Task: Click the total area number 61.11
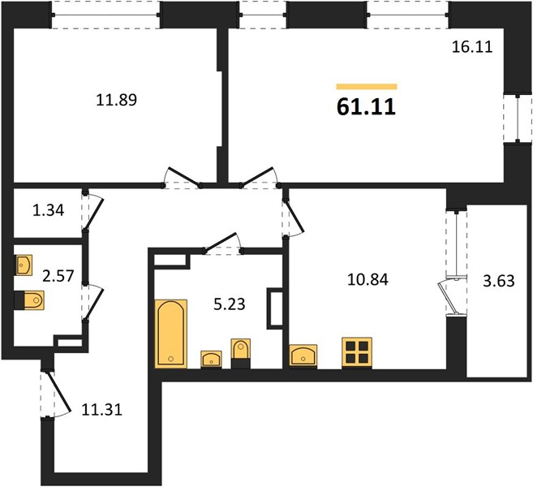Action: coord(366,107)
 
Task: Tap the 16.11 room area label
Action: coord(472,46)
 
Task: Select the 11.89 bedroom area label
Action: coord(116,100)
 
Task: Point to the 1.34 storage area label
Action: coord(48,210)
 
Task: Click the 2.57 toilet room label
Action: coord(58,275)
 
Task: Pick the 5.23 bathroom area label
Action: coord(230,304)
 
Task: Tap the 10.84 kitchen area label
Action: coord(368,279)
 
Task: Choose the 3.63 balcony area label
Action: coord(499,282)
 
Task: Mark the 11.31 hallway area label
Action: coord(102,409)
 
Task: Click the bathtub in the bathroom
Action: coord(171,334)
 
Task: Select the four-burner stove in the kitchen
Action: coord(357,352)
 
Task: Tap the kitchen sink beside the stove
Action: coord(303,356)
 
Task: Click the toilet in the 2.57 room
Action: coord(30,300)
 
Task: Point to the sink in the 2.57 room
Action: coord(24,265)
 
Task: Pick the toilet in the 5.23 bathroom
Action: coord(241,353)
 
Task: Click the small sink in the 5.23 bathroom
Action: coord(212,359)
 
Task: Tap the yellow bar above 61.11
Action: coord(367,87)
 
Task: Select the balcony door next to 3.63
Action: coord(450,297)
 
